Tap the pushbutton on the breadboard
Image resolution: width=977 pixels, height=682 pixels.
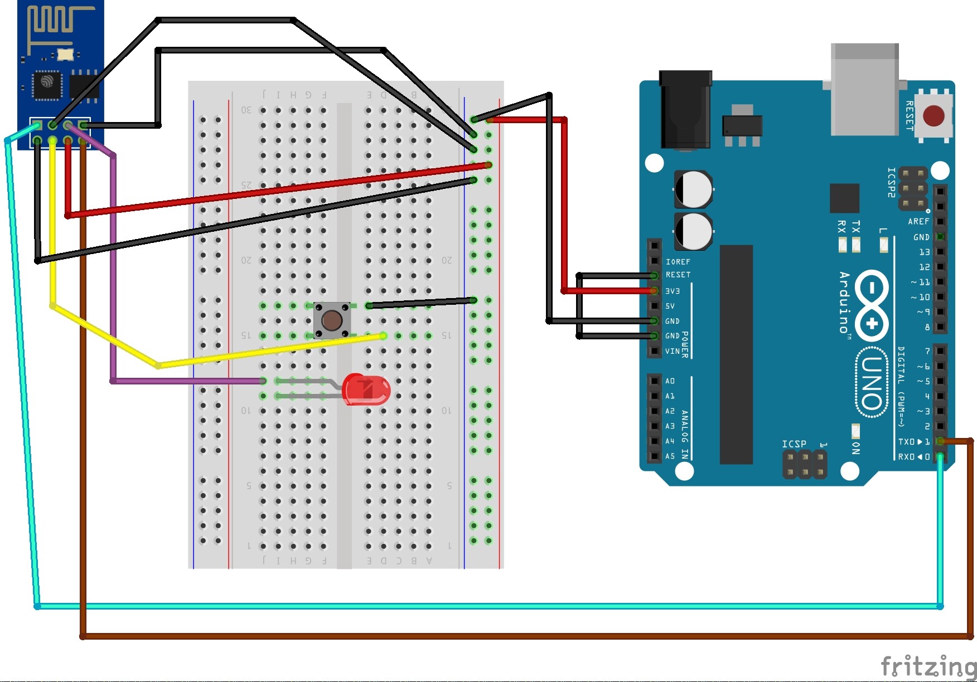point(332,320)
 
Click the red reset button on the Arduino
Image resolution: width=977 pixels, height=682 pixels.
point(934,116)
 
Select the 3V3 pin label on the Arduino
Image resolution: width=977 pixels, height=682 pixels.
point(673,291)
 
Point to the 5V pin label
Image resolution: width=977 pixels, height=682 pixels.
point(670,306)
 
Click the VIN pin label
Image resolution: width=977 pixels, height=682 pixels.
point(673,351)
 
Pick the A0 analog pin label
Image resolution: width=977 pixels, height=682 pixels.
point(670,381)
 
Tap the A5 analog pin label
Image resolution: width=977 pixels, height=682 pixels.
point(670,456)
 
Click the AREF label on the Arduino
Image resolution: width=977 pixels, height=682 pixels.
point(918,221)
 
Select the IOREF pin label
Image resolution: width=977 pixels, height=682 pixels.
point(678,261)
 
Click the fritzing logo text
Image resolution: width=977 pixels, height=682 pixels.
point(928,666)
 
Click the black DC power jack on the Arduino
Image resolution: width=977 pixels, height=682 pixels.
point(685,111)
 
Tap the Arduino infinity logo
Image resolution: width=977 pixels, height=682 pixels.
point(872,305)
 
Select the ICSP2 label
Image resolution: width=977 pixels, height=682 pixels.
point(891,182)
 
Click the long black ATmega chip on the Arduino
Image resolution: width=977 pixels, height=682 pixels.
point(736,354)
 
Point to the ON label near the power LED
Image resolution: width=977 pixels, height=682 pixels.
point(856,448)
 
